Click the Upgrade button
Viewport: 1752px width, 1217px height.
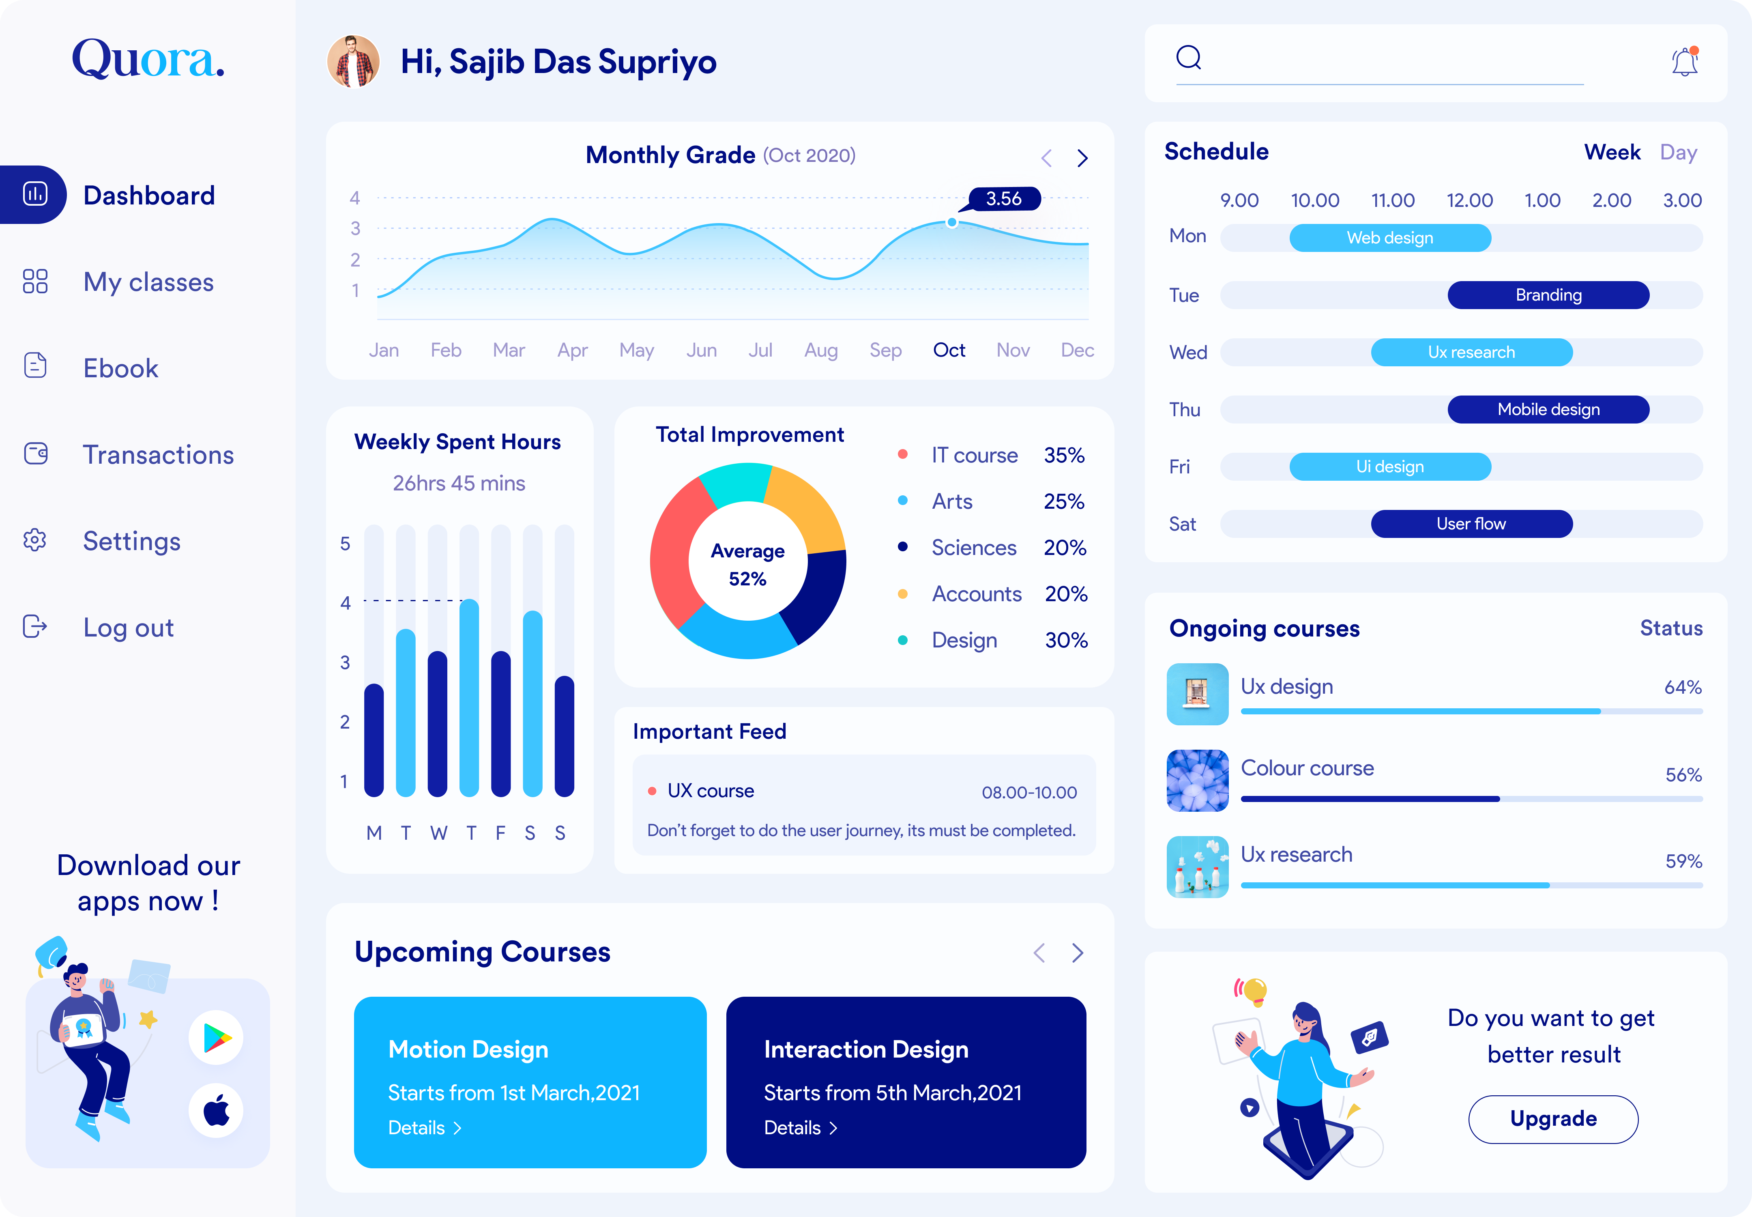point(1553,1119)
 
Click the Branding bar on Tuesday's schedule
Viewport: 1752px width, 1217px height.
point(1548,295)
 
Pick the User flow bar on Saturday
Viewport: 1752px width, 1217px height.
point(1471,524)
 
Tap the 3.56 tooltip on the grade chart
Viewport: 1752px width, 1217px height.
point(1003,199)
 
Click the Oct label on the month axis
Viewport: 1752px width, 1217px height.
point(949,350)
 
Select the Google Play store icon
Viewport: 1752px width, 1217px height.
point(217,1037)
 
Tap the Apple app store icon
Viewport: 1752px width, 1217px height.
point(217,1110)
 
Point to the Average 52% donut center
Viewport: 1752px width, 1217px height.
point(747,564)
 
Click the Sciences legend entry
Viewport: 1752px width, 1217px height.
point(974,548)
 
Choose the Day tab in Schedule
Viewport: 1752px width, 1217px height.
point(1678,153)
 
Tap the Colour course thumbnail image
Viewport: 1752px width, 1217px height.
point(1197,780)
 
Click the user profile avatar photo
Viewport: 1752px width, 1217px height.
point(353,61)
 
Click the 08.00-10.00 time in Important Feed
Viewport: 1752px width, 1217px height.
point(1028,792)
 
